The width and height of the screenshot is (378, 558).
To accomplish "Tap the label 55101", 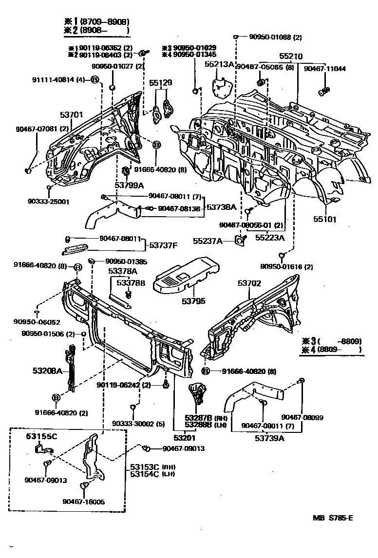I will click(x=325, y=220).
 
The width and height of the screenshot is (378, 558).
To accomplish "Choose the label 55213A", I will click(x=219, y=64).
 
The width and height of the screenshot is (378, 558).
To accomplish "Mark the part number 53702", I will click(x=249, y=282).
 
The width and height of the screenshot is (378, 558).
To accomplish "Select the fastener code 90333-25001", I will click(x=49, y=201).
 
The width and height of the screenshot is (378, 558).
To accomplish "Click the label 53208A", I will click(x=47, y=372).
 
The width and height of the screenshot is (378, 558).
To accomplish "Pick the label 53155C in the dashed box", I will click(x=41, y=436).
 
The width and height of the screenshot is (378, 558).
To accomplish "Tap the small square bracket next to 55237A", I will click(x=240, y=241).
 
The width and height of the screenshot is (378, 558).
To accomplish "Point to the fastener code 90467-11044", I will click(x=324, y=69).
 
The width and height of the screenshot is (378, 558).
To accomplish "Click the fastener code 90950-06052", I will click(x=37, y=322).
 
